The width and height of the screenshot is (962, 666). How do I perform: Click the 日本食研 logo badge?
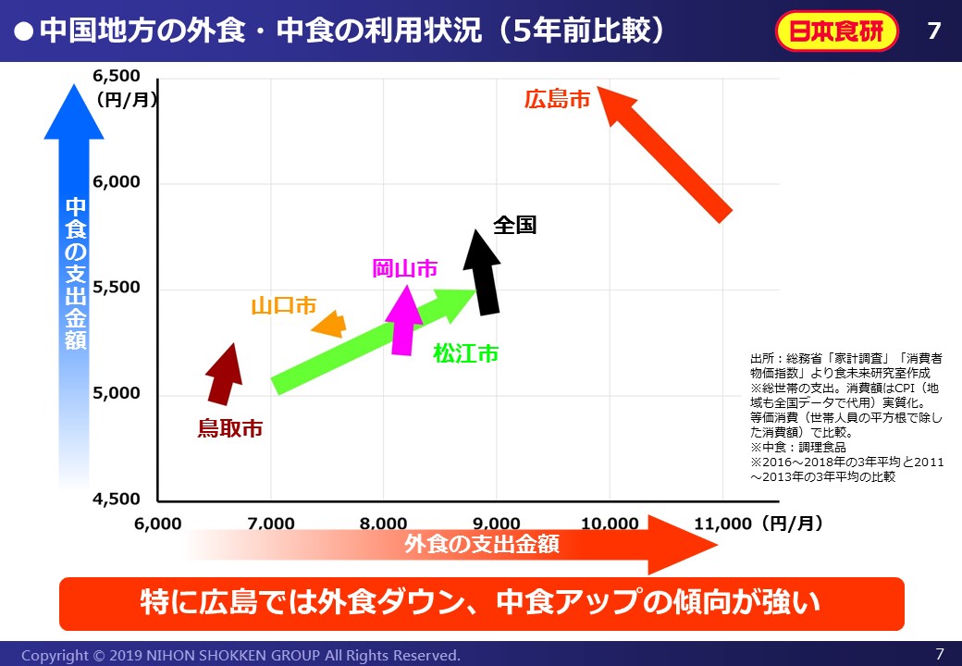(x=836, y=31)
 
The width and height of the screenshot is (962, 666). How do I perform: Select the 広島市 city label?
(x=557, y=99)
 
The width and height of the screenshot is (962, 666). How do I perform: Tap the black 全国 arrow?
(x=483, y=273)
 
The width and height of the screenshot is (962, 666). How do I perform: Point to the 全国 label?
(x=514, y=225)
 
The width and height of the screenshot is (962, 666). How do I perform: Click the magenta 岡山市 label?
(x=404, y=268)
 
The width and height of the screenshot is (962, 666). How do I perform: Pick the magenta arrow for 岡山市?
(x=402, y=320)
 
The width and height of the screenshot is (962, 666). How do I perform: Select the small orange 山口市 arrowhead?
(x=329, y=325)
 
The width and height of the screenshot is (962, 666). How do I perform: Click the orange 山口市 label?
(x=283, y=305)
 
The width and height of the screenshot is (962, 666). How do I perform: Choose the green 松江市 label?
(x=466, y=353)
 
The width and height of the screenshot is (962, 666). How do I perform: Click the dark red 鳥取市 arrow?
(x=222, y=375)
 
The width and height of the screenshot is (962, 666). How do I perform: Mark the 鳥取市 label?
(x=229, y=428)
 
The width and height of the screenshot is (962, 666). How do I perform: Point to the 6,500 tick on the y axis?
(x=117, y=76)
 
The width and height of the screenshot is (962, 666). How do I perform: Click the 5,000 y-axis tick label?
(x=117, y=393)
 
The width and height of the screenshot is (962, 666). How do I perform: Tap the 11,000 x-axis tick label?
(x=722, y=524)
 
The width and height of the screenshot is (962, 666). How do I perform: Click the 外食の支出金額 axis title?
(x=482, y=544)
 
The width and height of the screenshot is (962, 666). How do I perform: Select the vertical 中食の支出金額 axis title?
(x=75, y=273)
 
